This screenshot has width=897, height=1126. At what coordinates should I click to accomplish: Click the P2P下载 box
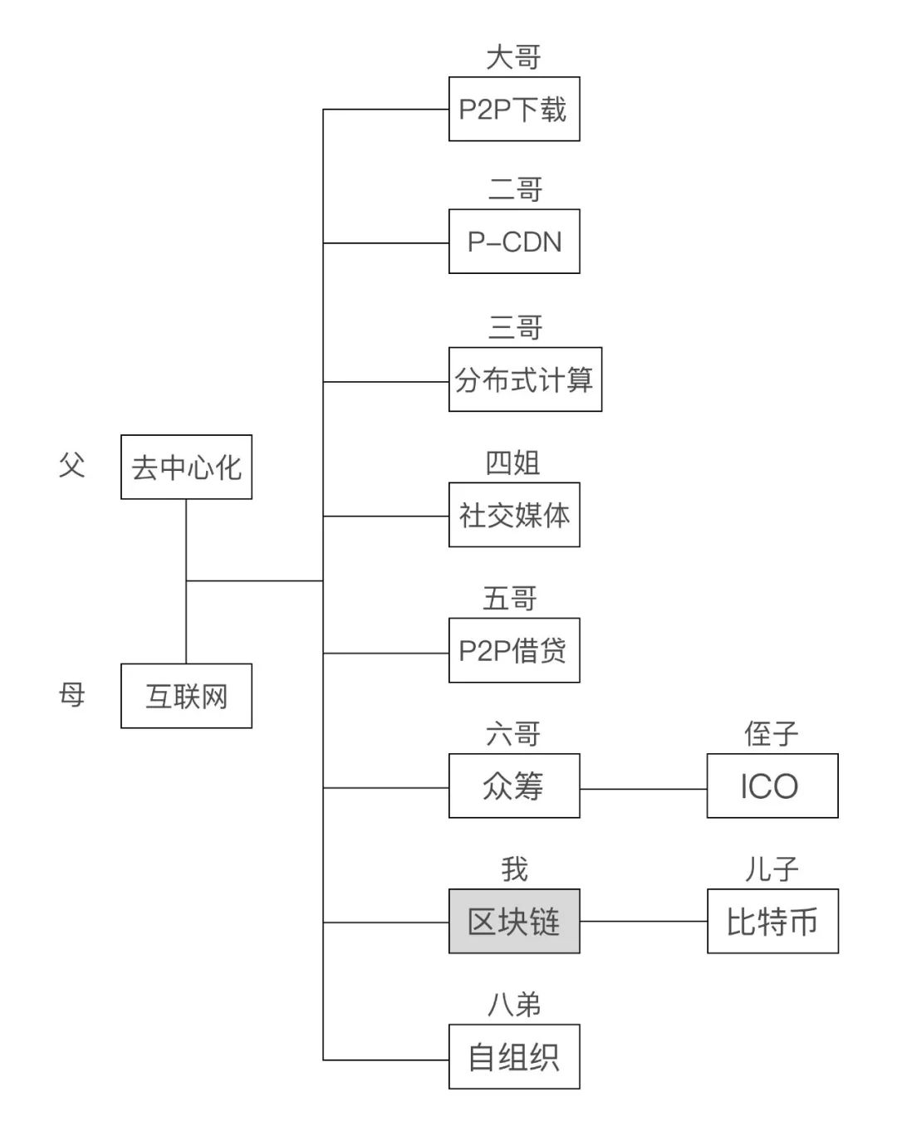tap(514, 109)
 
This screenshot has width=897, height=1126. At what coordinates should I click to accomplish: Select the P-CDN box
tap(514, 242)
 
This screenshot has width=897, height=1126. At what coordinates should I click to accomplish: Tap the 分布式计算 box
tap(525, 379)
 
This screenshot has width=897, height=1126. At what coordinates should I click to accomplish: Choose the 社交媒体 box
tap(514, 515)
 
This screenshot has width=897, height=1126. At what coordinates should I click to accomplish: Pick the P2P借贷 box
tap(514, 650)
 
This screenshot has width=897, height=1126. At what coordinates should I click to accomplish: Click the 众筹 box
tap(514, 786)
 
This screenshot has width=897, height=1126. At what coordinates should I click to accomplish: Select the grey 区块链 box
tap(514, 921)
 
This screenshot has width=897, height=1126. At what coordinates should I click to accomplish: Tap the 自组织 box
tap(514, 1056)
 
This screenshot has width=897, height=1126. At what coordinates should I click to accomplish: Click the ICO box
tap(772, 786)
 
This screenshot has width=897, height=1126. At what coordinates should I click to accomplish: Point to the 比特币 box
tap(772, 921)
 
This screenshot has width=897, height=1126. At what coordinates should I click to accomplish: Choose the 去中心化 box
tap(186, 467)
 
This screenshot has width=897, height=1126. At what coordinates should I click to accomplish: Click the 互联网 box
tap(186, 696)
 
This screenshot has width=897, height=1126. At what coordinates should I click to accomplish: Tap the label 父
tap(72, 465)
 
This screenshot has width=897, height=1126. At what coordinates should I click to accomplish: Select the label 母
tap(72, 694)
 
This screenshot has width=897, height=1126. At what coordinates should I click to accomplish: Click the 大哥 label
tap(514, 58)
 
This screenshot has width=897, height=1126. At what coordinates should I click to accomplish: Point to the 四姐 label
tap(513, 463)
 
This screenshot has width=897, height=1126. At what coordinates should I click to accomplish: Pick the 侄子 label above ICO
tap(772, 734)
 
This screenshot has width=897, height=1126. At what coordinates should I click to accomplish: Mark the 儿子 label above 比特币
tap(772, 869)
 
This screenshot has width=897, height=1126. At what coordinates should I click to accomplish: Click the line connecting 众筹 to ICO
tap(644, 789)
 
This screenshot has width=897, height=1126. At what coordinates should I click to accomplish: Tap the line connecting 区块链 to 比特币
tap(644, 921)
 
